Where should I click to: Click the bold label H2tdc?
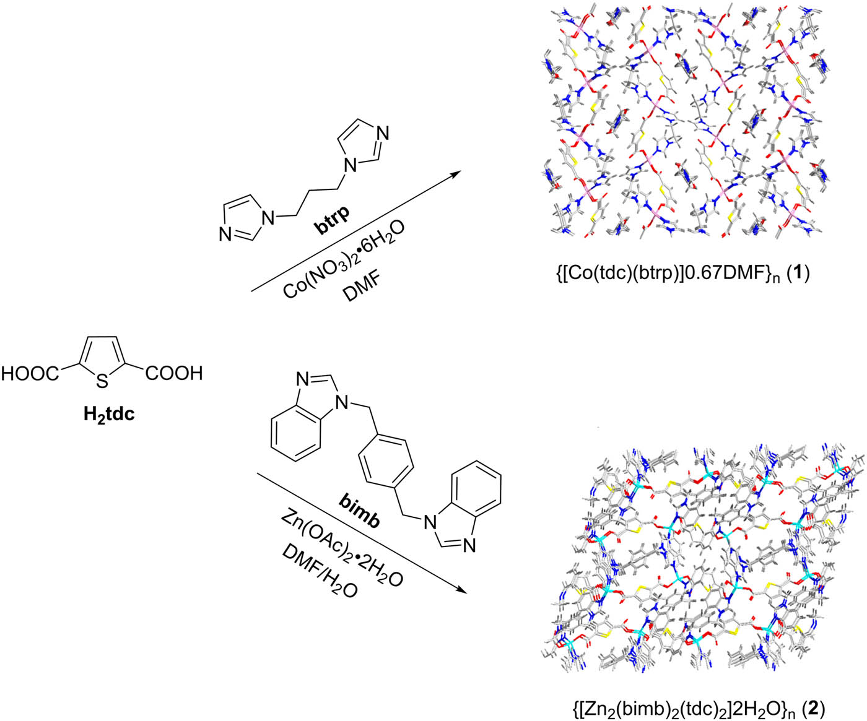109,414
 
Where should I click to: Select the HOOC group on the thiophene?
30,374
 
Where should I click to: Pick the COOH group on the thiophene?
174,373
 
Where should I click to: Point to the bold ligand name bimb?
359,513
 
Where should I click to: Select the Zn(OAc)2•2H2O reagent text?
342,546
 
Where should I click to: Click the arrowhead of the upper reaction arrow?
456,173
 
